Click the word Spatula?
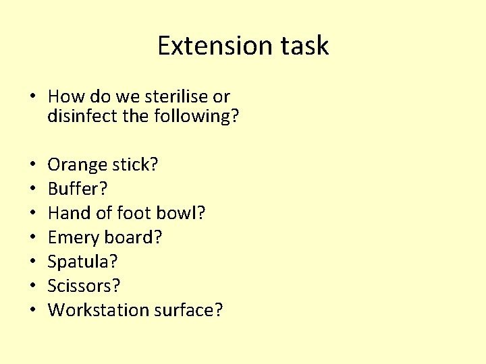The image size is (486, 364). (x=82, y=262)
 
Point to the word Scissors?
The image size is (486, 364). (x=84, y=286)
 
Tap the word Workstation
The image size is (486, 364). (x=99, y=311)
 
